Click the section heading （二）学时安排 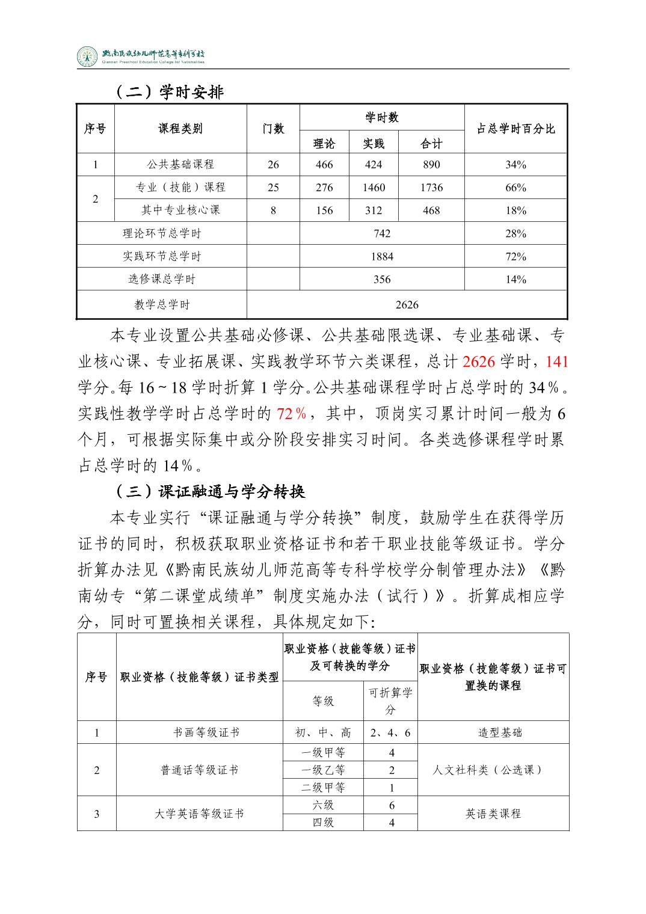pos(170,92)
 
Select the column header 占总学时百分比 pos(515,129)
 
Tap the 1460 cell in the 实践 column pos(374,188)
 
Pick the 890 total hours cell pos(431,165)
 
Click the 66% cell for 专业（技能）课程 pos(515,188)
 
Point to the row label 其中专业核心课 pos(180,210)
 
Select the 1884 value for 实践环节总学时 pos(382,257)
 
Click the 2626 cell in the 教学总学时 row pos(407,305)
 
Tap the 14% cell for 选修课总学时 pos(515,280)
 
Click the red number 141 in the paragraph pos(556,361)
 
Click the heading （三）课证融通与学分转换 pos(211,492)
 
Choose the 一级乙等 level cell pos(323,770)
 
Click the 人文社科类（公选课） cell pos(493,770)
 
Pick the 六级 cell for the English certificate pos(323,805)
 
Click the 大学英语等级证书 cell pos(199,814)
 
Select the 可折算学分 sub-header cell pos(390,701)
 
